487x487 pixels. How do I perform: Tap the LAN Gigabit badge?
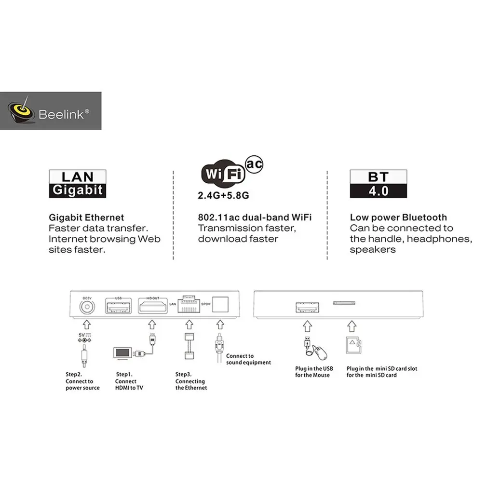pyautogui.click(x=77, y=183)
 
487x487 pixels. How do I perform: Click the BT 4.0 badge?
pyautogui.click(x=378, y=183)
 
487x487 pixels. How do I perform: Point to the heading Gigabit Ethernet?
pyautogui.click(x=86, y=217)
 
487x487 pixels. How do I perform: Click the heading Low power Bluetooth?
pyautogui.click(x=398, y=217)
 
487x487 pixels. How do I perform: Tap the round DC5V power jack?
pyautogui.click(x=87, y=306)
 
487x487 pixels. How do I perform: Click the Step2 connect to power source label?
pyautogui.click(x=82, y=381)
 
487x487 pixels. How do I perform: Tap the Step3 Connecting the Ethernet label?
pyautogui.click(x=191, y=381)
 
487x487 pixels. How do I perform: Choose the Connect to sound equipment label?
pyautogui.click(x=248, y=359)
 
